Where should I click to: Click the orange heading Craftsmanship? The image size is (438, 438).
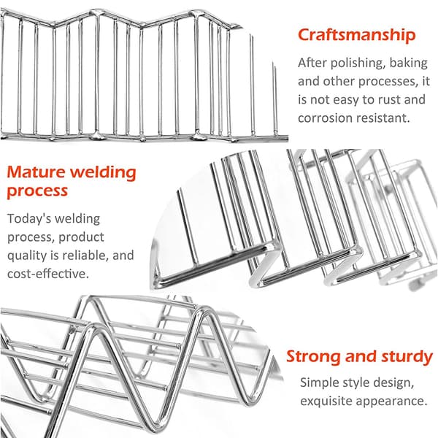point(357,36)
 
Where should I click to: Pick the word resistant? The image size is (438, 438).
point(382,118)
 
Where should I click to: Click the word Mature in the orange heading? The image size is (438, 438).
point(36,172)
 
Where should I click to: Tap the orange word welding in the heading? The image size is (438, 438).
point(103,173)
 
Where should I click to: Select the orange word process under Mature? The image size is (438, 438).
point(37,192)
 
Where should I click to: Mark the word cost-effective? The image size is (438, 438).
point(48,274)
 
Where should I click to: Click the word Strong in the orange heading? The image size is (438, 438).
point(313,358)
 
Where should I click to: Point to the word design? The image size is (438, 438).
point(394,383)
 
